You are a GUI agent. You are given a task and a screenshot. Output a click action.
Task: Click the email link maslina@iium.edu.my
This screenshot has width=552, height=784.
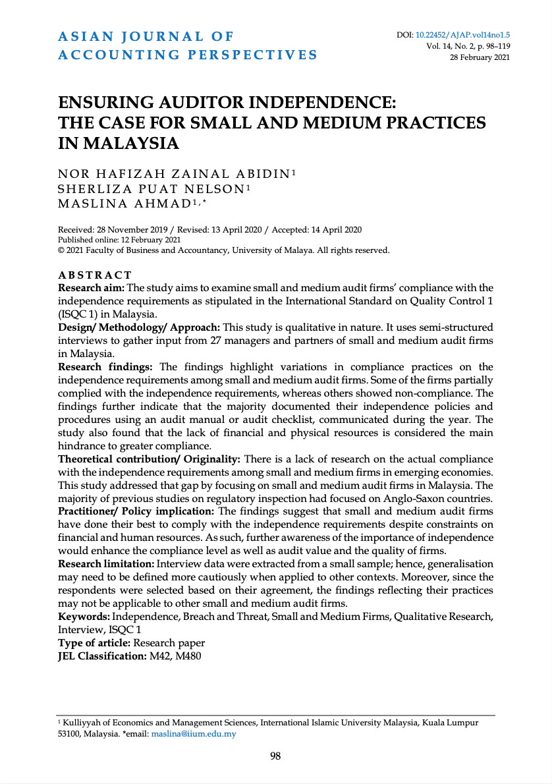pos(194,733)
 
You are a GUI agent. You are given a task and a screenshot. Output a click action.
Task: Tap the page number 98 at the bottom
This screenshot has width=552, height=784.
pos(275,756)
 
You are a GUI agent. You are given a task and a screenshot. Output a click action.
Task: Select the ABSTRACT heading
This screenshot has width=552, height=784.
pos(95,275)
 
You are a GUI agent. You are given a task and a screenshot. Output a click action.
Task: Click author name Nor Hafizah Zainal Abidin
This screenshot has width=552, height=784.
pos(174,174)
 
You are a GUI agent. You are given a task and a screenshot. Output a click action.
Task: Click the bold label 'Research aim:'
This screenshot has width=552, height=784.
pos(92,288)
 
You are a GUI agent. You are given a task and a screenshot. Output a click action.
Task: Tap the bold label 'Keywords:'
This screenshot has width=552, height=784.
pos(84,616)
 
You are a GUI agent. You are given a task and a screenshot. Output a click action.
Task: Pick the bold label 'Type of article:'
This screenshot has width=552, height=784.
pos(94,642)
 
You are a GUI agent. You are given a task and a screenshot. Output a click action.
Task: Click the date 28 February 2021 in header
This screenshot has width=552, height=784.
pos(480,57)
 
